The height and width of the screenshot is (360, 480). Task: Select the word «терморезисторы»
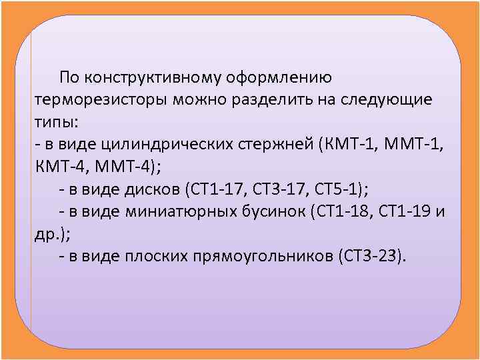point(100,100)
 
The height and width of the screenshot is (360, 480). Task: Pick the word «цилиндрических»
point(175,144)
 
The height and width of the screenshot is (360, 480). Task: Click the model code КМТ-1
point(347,144)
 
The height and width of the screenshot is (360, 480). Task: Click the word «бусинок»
point(279,211)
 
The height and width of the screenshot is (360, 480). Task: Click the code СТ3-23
point(370,256)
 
